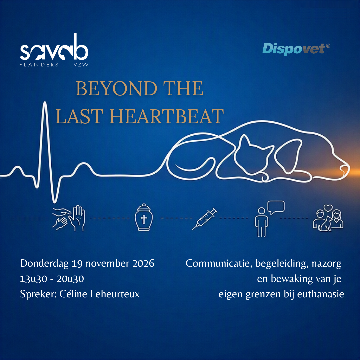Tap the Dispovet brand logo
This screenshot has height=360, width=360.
click(296, 49)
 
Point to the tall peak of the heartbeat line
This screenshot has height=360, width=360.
click(45, 102)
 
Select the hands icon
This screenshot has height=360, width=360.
click(69, 218)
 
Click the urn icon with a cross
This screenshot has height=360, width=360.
click(144, 217)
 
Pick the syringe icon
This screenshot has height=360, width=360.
click(205, 219)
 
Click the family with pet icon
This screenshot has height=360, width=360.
click(328, 218)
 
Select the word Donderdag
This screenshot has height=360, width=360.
click(44, 264)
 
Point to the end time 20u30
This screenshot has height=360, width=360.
click(70, 279)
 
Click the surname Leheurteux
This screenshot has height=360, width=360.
click(115, 294)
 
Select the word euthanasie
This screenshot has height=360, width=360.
click(321, 294)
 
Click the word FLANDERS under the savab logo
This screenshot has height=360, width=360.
click(39, 65)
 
